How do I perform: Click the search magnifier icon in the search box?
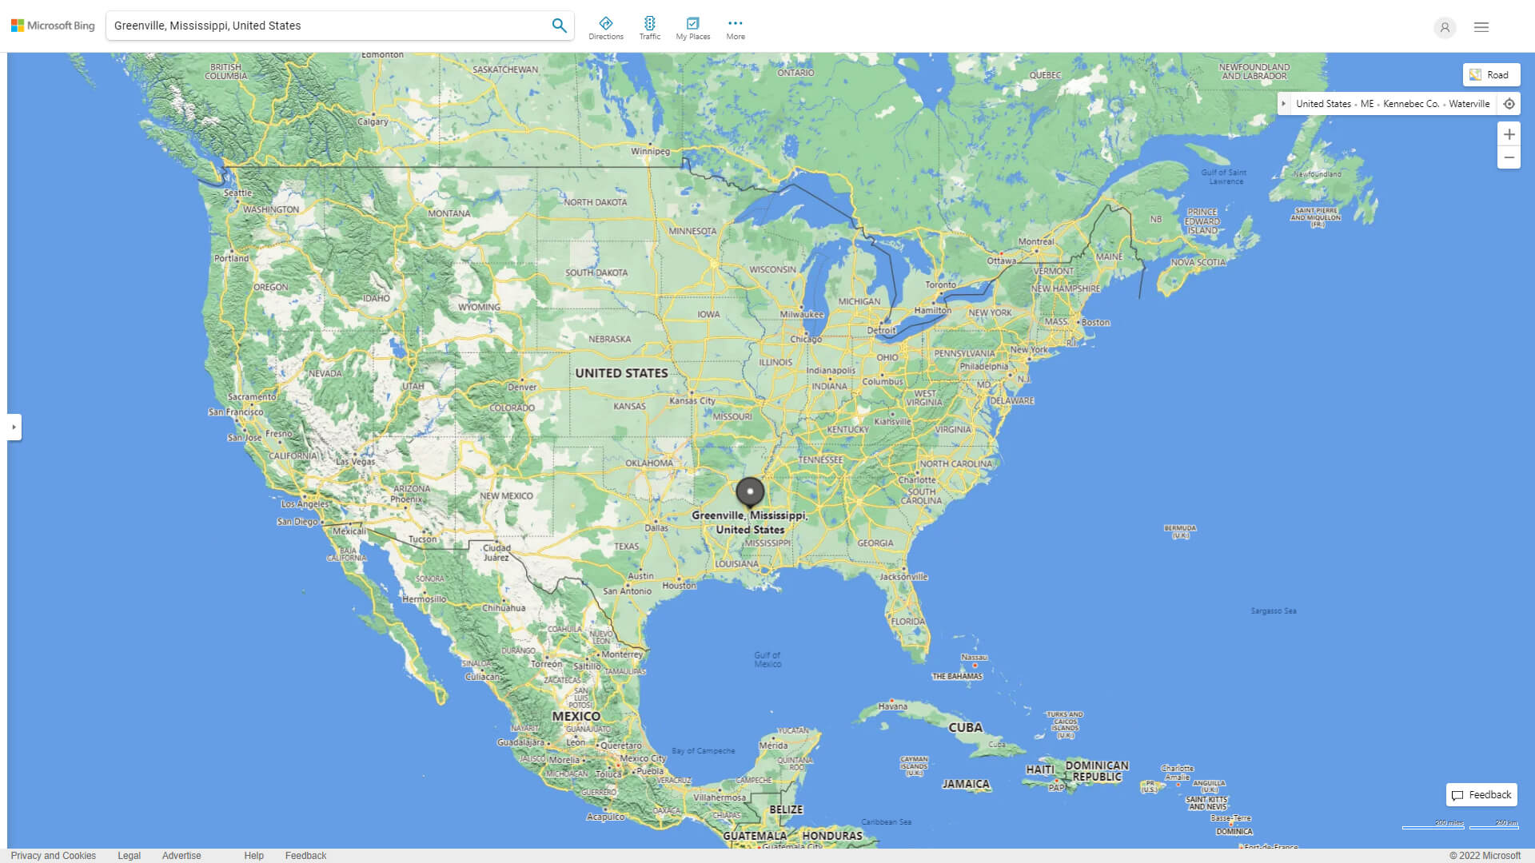(559, 26)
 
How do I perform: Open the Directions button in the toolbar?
(605, 28)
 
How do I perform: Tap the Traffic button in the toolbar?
(649, 28)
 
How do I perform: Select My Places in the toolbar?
(692, 28)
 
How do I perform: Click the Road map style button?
(1491, 75)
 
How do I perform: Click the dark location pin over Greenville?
(750, 492)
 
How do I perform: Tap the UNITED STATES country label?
(621, 373)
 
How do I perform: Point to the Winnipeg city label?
(650, 151)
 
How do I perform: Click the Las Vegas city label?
(355, 462)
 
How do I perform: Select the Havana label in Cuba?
(892, 706)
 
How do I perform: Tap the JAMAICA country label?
(966, 784)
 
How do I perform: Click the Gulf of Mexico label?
(767, 659)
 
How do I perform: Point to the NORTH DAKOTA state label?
(596, 202)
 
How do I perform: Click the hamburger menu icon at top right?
(1481, 27)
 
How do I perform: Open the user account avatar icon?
(1445, 27)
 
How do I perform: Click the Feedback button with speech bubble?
(1481, 795)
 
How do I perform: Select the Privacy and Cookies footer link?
(54, 856)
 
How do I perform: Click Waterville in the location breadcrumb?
(1469, 104)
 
